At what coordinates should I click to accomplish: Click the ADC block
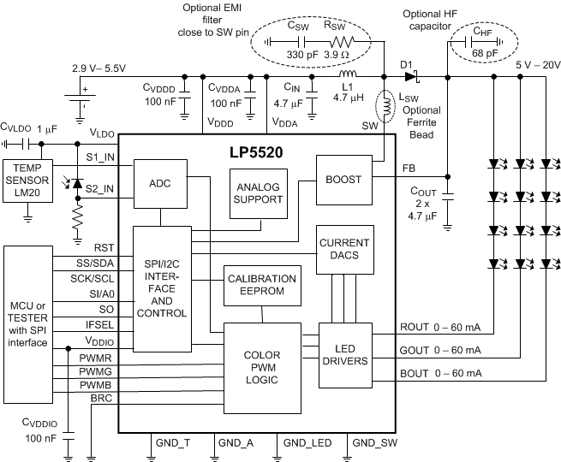(x=159, y=183)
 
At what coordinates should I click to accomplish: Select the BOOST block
(x=344, y=180)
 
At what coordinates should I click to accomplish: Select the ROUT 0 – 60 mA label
(x=441, y=327)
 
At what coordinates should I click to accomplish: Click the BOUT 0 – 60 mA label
(x=441, y=373)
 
